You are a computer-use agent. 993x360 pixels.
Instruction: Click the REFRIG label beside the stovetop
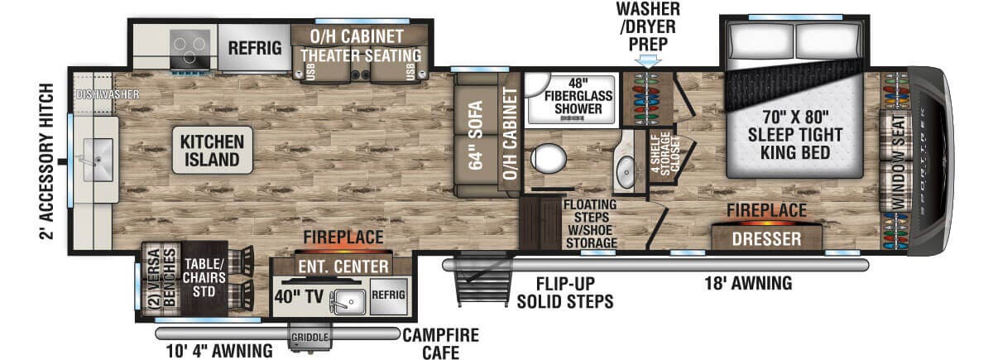(254, 48)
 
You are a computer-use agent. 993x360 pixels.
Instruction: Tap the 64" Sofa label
(475, 133)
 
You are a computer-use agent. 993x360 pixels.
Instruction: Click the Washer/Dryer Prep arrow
(647, 60)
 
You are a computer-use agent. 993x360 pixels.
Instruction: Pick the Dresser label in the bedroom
(766, 240)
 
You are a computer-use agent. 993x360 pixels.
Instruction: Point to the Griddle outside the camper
(309, 338)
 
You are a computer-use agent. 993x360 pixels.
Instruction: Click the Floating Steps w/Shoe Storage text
(590, 223)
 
